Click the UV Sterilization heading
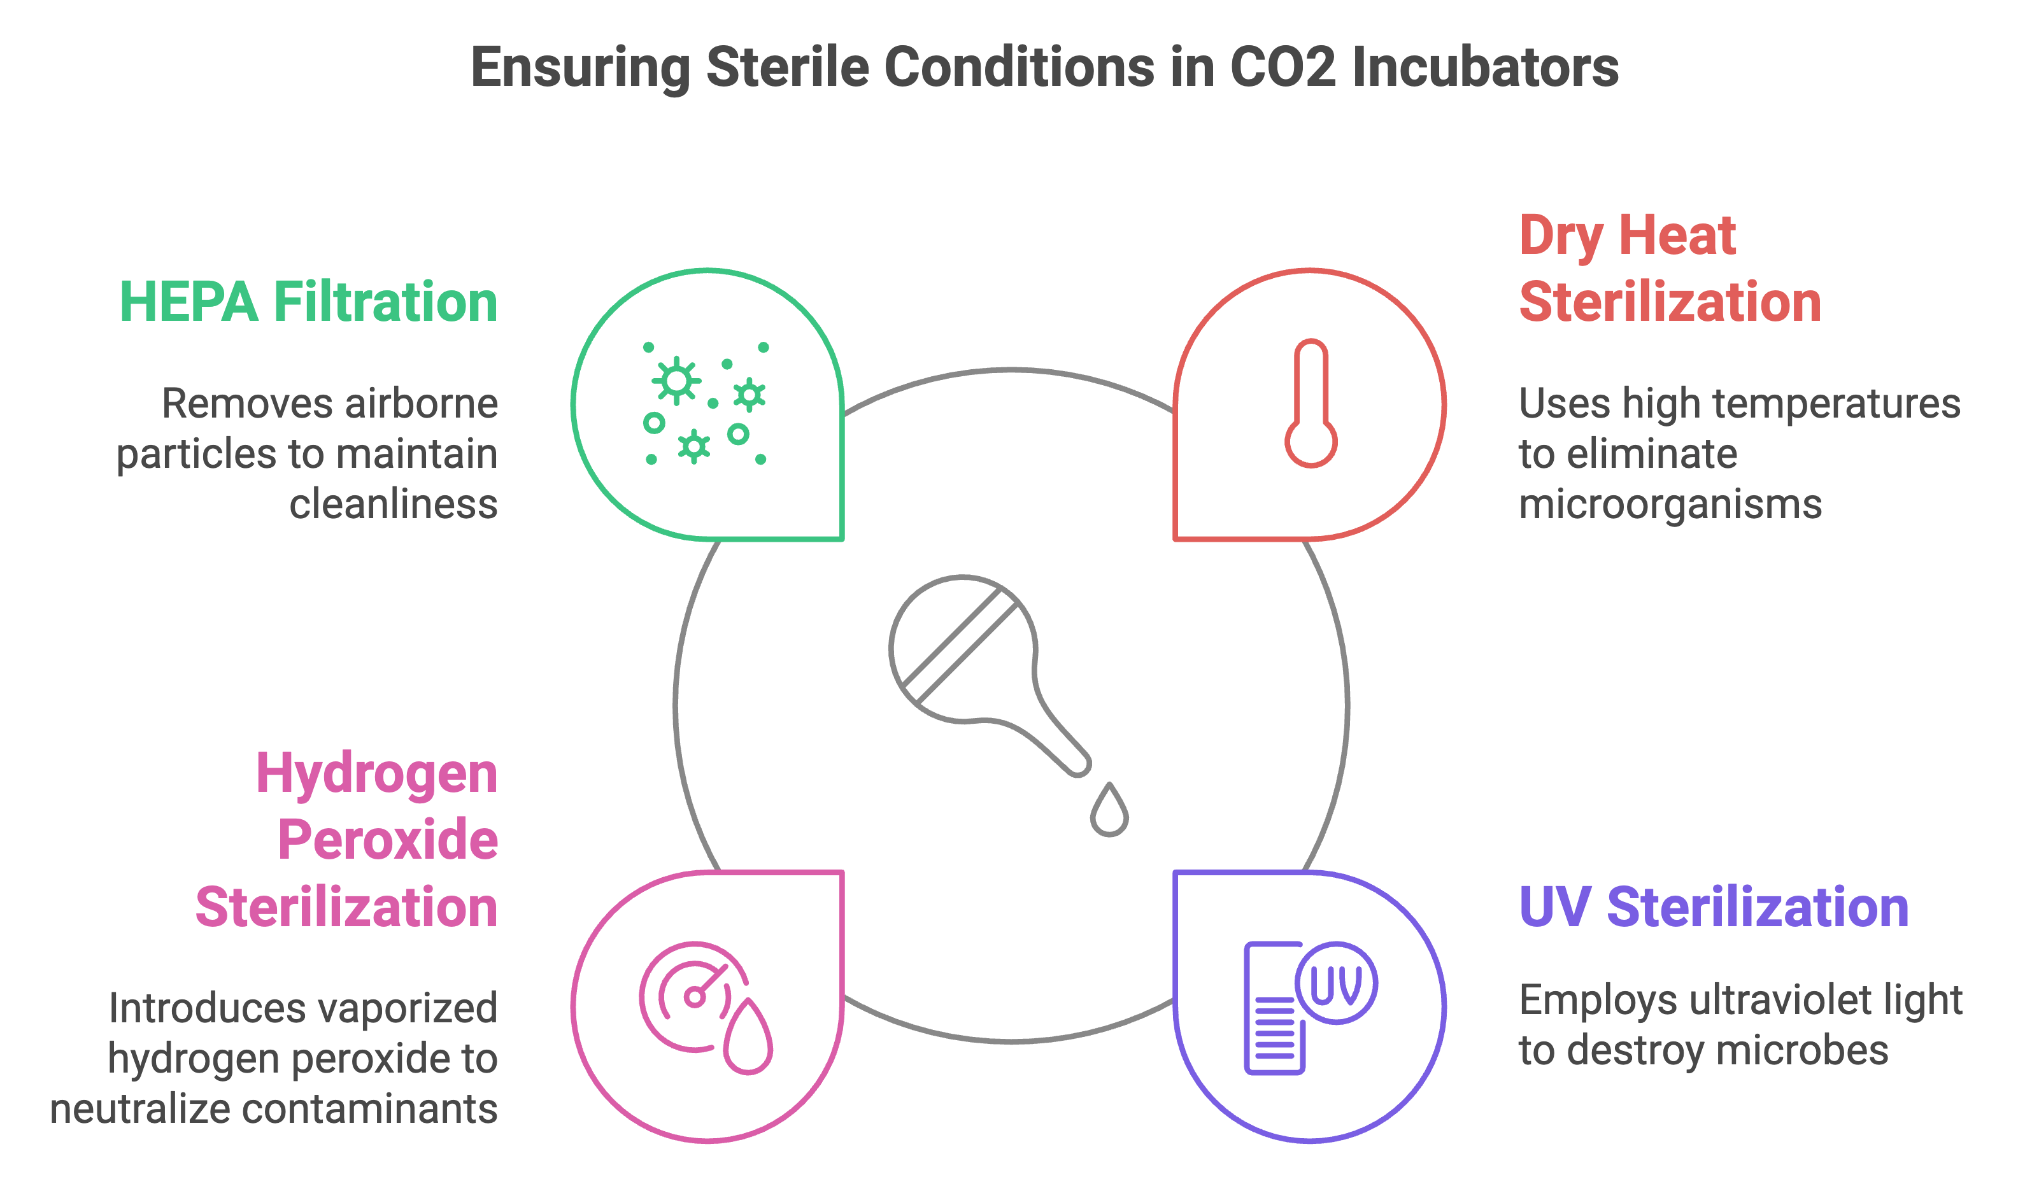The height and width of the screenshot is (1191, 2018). click(1713, 908)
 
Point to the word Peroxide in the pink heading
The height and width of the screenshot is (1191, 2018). click(388, 840)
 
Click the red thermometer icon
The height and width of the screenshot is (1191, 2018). click(1310, 404)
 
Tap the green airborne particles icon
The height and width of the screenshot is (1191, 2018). click(705, 404)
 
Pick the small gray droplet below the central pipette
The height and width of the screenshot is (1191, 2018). click(1109, 812)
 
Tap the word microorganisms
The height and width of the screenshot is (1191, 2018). click(1670, 505)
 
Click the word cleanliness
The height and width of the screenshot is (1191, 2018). click(394, 505)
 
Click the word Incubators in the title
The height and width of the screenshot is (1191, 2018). click(1485, 67)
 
